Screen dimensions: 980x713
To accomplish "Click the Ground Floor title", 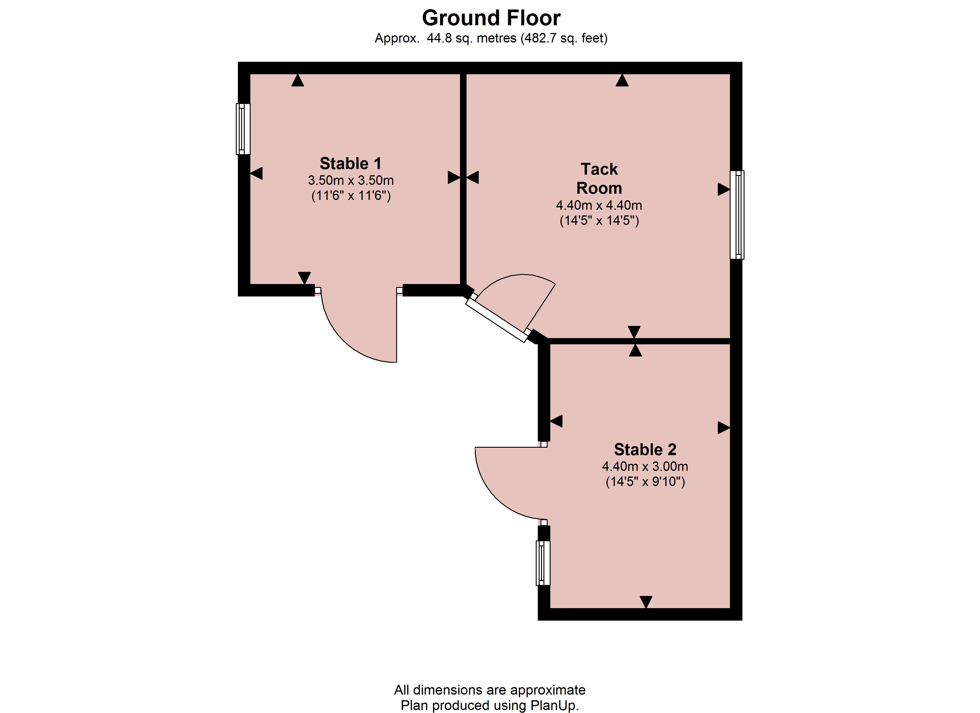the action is pos(491,18).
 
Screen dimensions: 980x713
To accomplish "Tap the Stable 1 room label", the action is pos(350,163).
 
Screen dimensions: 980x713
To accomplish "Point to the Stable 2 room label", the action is pos(645,450).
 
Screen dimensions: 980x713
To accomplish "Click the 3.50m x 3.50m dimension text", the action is pos(351,180).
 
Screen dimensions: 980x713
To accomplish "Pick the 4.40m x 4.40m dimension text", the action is pos(599,205).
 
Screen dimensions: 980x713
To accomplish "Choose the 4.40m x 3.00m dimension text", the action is pos(645,466).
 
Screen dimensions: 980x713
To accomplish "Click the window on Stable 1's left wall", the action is pos(243,129).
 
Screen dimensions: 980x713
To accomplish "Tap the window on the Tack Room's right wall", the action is pos(737,215).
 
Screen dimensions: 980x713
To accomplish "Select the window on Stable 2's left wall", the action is pos(543,563).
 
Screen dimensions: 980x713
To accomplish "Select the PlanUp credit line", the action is pos(490,705).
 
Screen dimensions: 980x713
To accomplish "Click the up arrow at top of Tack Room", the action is pos(622,81).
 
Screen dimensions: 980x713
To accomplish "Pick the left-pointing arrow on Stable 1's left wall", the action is pos(256,174).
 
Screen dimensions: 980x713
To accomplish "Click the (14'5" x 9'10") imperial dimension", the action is pos(645,482).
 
